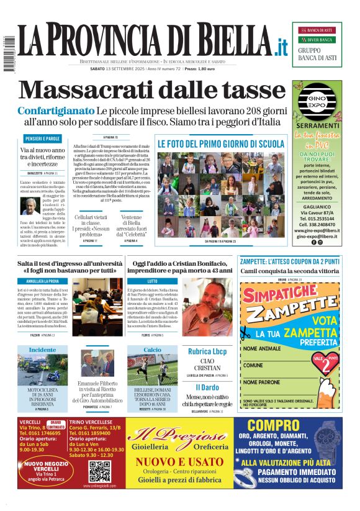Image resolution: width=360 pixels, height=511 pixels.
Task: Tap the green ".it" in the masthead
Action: pos(282,46)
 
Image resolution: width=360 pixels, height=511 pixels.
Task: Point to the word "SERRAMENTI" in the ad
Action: pos(318,125)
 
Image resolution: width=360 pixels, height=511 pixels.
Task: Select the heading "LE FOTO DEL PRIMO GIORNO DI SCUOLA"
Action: pos(220,144)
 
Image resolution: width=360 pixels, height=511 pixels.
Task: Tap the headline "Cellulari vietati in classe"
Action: pos(93,222)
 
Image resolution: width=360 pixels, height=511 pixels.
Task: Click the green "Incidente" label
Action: pos(42,350)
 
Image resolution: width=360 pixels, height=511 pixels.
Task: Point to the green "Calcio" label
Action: pos(152,350)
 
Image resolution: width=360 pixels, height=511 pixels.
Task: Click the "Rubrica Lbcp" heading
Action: pos(208,351)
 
